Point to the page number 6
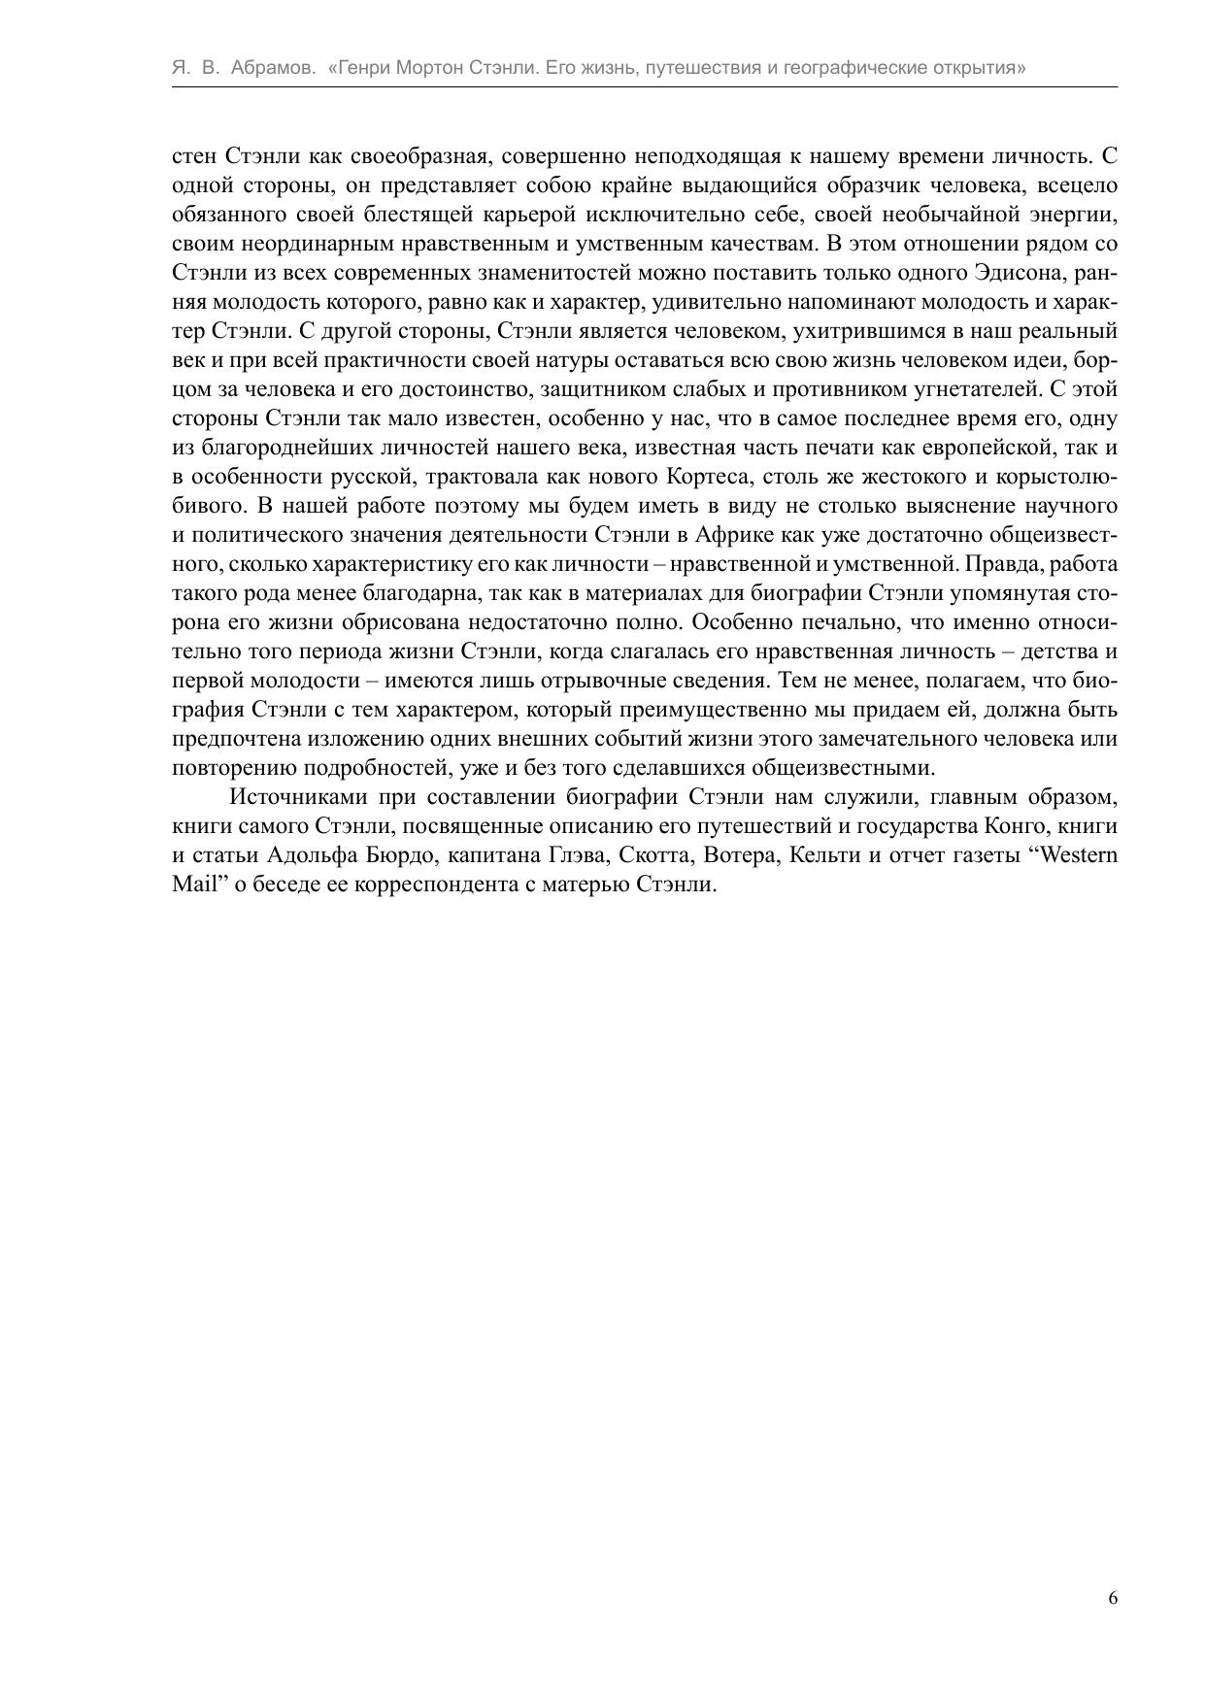click(1113, 1597)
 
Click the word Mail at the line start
click(192, 885)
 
